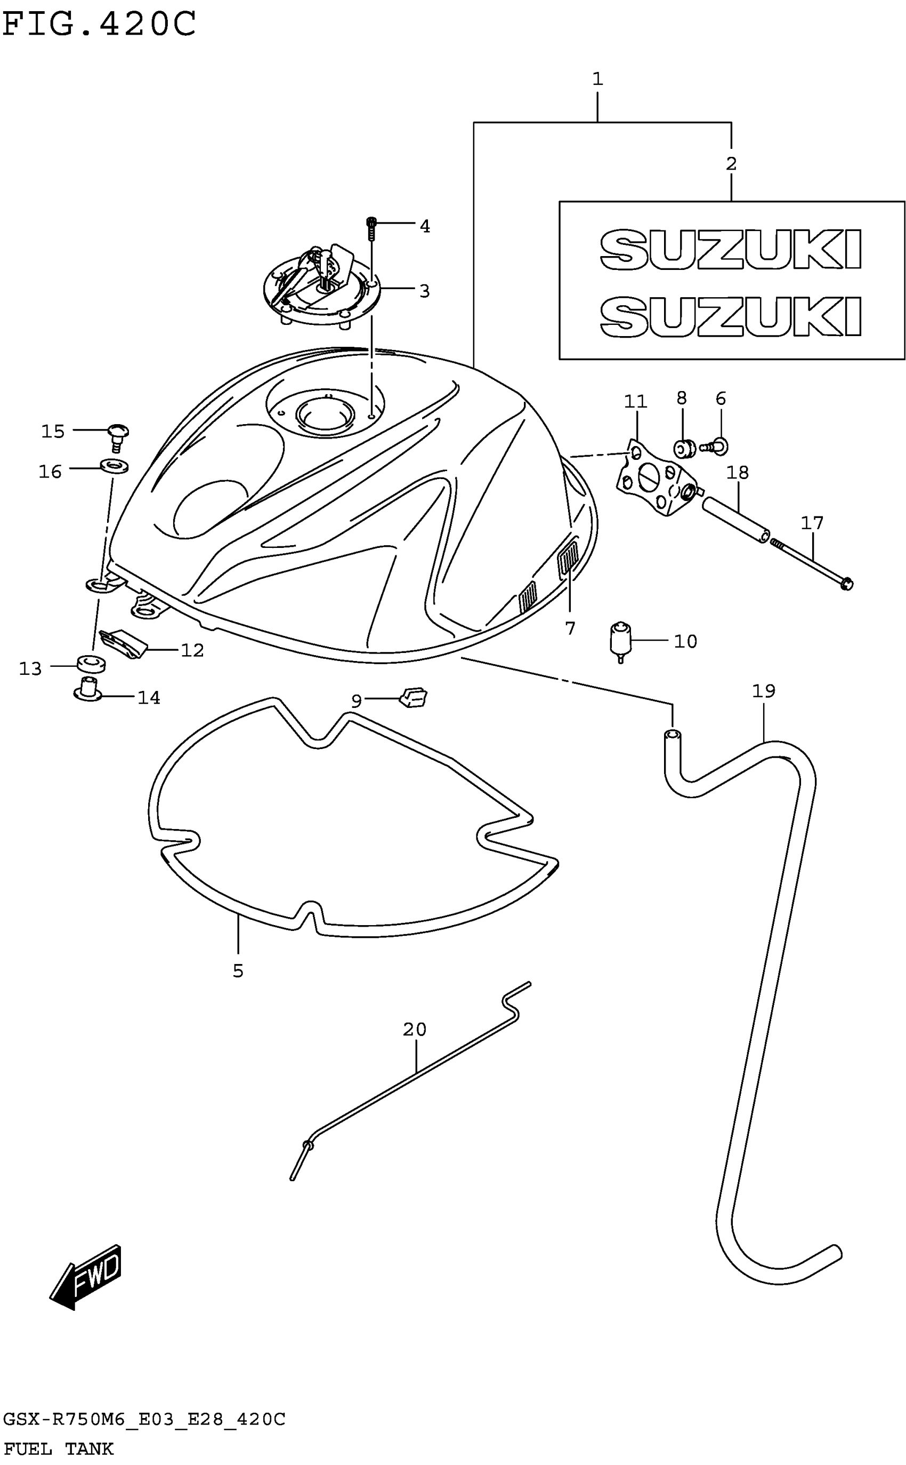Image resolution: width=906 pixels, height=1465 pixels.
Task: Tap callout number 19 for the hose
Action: point(763,691)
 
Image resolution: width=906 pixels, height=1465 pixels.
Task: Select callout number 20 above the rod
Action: point(414,1030)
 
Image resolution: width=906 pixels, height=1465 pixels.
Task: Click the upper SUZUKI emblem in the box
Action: point(731,249)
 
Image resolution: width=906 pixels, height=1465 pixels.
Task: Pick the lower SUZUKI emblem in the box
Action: point(731,316)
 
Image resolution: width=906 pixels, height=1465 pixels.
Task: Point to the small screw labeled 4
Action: point(371,228)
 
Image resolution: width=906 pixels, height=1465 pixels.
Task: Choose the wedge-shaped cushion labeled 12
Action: point(125,643)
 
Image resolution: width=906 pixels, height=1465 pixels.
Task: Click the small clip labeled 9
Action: point(414,697)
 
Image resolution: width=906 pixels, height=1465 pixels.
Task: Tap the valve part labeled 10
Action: point(620,640)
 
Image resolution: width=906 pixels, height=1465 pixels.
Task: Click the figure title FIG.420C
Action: point(99,24)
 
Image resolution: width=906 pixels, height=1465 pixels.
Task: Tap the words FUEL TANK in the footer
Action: point(58,1448)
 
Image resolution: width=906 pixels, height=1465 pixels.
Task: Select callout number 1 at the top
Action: point(597,78)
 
